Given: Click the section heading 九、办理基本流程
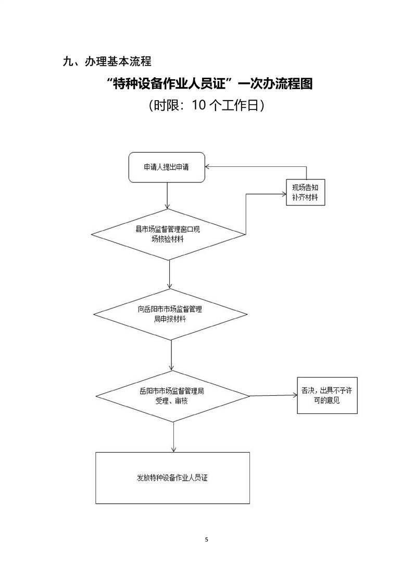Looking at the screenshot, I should (x=107, y=62).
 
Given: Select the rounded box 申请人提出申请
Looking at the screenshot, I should (x=167, y=168).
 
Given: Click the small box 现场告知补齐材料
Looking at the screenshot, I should (x=306, y=192).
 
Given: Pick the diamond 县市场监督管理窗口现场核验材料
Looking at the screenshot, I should (x=168, y=234).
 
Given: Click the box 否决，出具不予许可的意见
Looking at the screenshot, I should (x=327, y=395).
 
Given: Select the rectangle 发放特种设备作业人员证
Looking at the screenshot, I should (x=172, y=478).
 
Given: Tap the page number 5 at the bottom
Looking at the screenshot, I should (x=207, y=539).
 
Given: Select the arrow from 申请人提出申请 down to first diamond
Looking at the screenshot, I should (x=167, y=196).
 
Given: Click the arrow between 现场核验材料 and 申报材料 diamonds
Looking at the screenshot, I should (x=170, y=274).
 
